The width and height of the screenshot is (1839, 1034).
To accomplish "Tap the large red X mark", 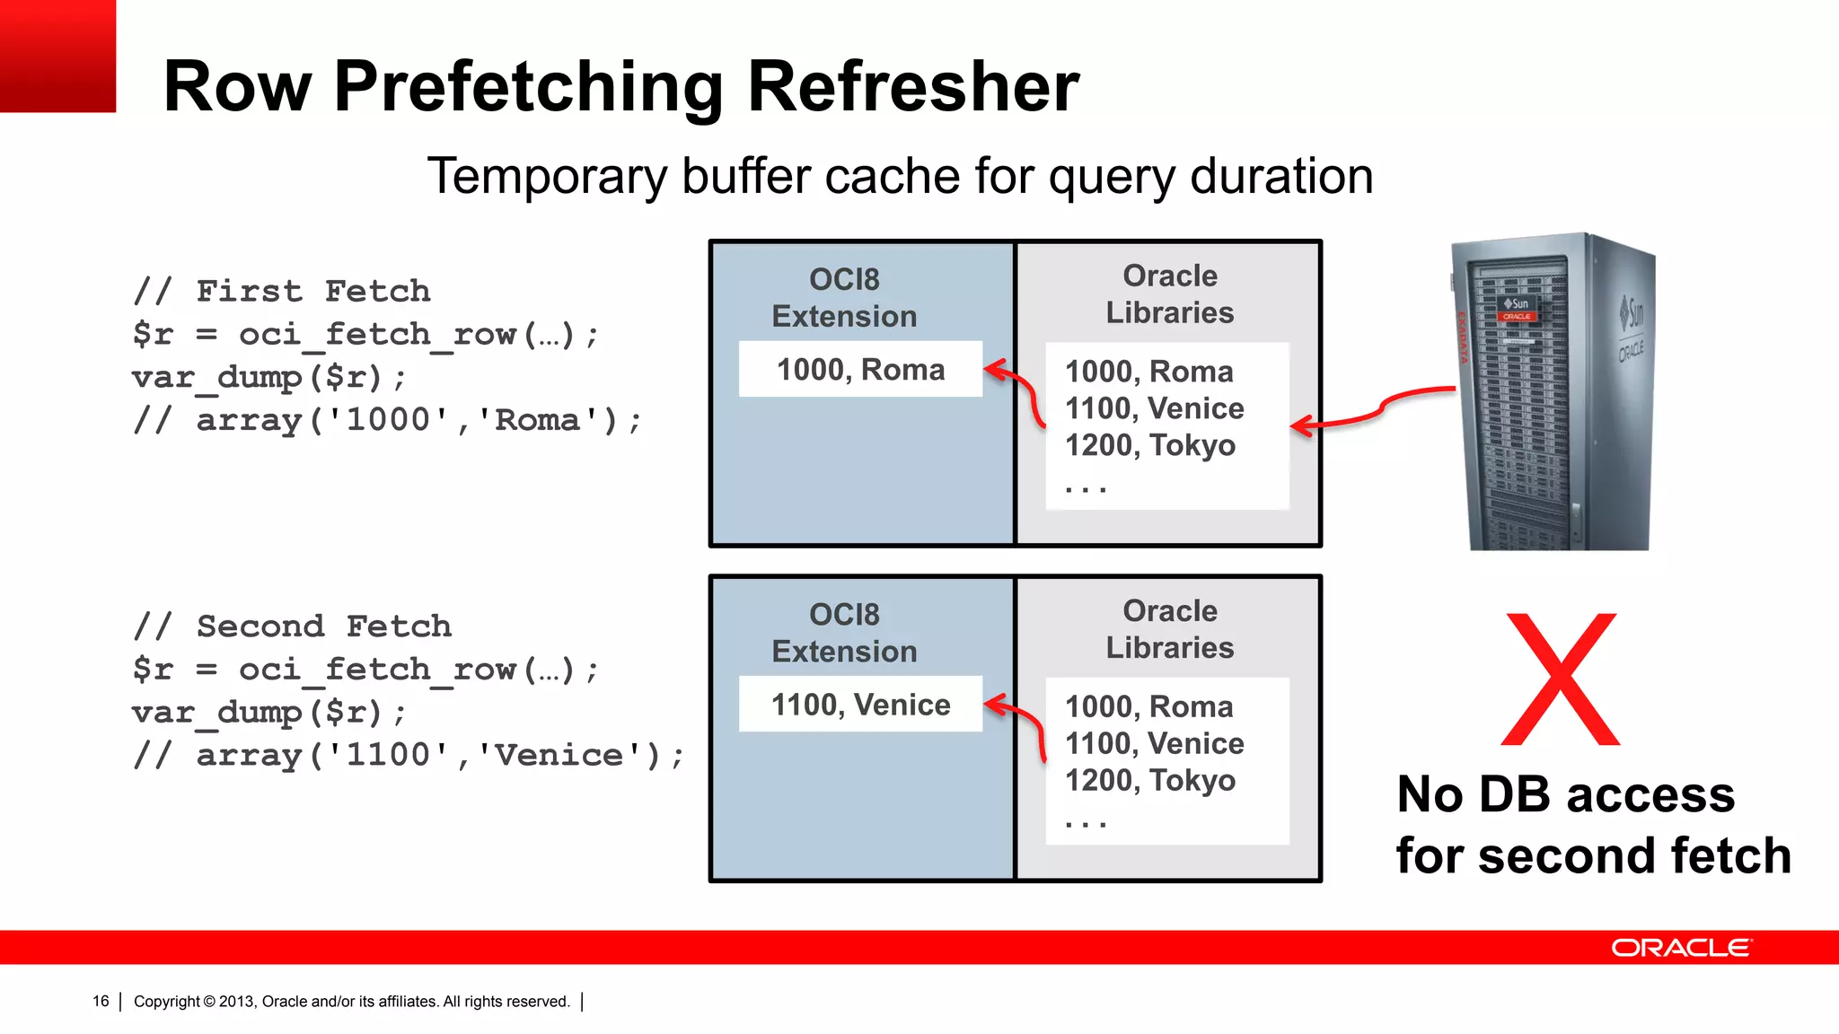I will click(1561, 679).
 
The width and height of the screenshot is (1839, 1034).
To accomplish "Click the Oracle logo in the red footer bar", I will click(1680, 948).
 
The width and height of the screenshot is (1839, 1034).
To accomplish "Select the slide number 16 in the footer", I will click(101, 1002).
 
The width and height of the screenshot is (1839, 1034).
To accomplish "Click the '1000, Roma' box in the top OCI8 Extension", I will click(860, 369).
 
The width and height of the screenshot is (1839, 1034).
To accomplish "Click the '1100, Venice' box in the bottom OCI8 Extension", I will click(860, 705).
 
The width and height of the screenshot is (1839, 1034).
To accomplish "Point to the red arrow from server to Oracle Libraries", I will click(1374, 411).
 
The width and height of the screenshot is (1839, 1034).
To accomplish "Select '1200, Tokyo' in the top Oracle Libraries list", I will click(1149, 445).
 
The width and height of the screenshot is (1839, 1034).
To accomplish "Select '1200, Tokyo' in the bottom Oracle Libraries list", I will click(1149, 781).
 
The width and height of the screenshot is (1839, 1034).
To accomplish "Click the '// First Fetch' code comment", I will click(282, 291).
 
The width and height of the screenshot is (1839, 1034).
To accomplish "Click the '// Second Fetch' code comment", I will click(293, 626).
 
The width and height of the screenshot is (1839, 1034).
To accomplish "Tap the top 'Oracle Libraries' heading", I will click(1169, 294).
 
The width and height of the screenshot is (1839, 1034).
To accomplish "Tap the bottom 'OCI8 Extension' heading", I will click(844, 633).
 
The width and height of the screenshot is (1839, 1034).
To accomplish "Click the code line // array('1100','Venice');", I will click(409, 755).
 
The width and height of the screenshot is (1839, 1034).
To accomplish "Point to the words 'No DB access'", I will click(1565, 794).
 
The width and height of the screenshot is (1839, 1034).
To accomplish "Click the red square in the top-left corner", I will click(57, 56).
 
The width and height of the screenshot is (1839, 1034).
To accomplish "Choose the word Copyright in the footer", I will click(167, 1002).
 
